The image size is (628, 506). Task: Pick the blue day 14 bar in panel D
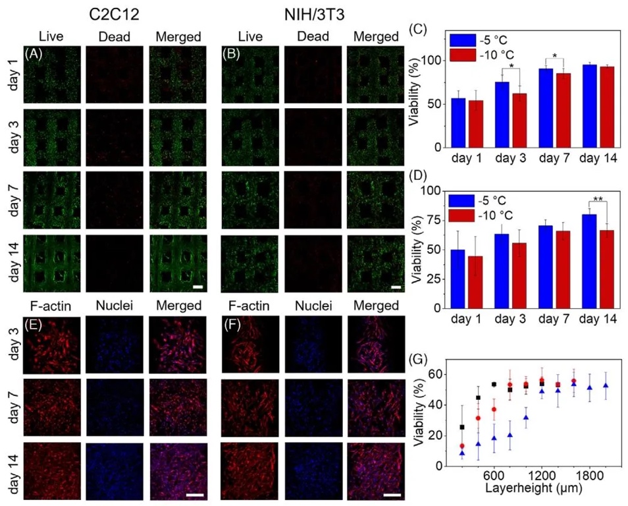point(589,261)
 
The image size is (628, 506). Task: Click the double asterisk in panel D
point(598,197)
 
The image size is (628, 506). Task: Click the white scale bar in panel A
point(197,287)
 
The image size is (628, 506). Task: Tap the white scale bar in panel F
point(392,494)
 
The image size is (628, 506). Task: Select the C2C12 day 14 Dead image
point(113,263)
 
